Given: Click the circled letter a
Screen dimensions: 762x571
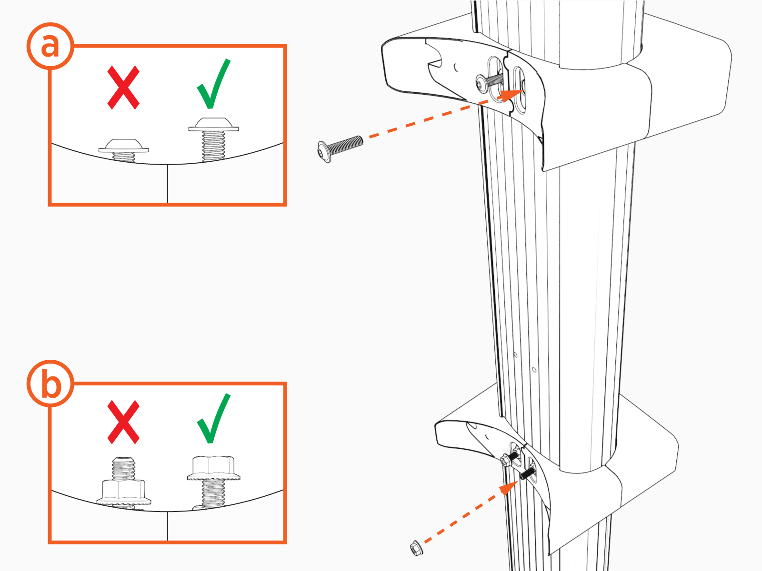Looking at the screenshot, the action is click(x=50, y=46).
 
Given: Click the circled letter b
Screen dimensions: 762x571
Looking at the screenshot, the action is click(x=50, y=384).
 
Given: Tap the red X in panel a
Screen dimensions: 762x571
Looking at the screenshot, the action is click(x=123, y=88).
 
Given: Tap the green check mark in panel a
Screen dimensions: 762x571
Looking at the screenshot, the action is click(x=213, y=84).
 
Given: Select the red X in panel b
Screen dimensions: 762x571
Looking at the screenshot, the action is click(x=123, y=422).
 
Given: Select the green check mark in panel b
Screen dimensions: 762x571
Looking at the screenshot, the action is click(x=213, y=418).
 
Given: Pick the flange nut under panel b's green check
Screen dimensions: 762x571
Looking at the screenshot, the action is click(x=213, y=468).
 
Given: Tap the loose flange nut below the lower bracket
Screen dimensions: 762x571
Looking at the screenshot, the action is click(x=416, y=548).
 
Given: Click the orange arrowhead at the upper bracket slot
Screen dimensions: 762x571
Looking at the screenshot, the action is click(x=511, y=95).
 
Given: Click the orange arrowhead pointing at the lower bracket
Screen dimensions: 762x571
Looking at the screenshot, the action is click(x=509, y=488).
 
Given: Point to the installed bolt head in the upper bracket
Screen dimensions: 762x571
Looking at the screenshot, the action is click(x=481, y=84).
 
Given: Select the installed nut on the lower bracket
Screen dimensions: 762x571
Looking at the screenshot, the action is click(x=505, y=461).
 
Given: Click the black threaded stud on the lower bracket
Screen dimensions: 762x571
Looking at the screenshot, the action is click(x=527, y=473).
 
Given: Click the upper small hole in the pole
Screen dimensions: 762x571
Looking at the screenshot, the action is click(x=515, y=355).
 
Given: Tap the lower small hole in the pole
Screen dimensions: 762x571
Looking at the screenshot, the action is click(x=534, y=370).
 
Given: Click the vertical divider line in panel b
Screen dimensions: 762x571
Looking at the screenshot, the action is click(x=168, y=526).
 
